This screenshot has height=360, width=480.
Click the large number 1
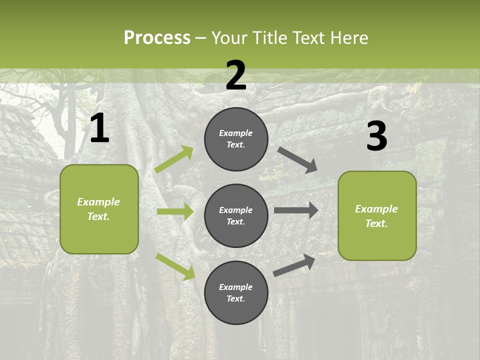(99, 128)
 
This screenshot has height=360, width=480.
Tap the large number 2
(236, 75)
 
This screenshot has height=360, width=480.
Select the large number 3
(376, 136)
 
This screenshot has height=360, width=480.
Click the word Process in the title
(157, 37)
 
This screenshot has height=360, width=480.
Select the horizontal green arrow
(175, 211)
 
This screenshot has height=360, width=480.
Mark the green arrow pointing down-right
(175, 266)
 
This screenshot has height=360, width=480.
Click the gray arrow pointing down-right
(297, 159)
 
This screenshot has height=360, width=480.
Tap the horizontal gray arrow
(296, 210)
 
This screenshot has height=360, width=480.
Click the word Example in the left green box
(98, 202)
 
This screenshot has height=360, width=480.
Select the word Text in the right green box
(375, 223)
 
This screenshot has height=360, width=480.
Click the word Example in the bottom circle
(236, 287)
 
